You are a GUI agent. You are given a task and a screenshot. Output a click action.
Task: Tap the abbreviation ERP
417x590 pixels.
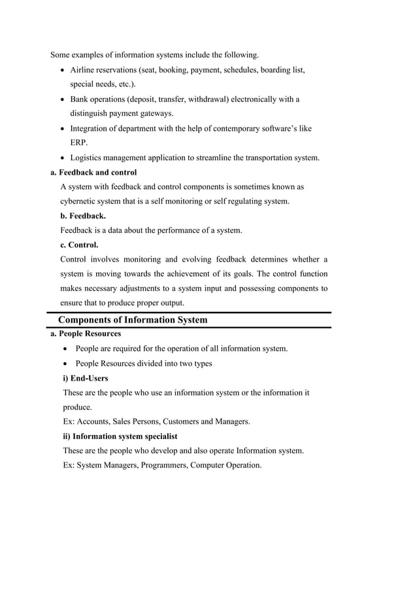point(79,142)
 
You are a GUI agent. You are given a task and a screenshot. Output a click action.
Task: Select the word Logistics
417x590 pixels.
point(88,158)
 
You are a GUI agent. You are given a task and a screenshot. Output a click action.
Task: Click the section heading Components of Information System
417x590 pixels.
point(133,320)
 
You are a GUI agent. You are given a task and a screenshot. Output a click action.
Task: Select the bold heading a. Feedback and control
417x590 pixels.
point(93,173)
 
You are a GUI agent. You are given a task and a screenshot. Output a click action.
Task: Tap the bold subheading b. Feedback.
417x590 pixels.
point(83,215)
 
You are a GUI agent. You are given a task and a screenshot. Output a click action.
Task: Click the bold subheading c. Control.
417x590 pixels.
point(80,245)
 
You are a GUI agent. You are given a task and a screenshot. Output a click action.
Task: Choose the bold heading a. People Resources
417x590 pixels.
point(86,334)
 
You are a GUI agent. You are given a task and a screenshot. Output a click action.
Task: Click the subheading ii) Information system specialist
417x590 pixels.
point(120,436)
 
